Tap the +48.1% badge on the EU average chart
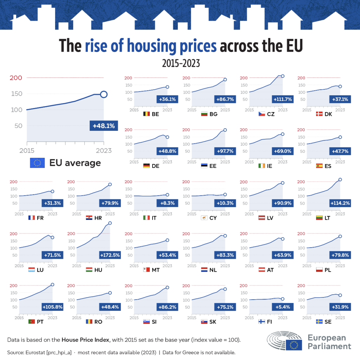(103, 126)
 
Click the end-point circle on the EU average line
(104, 94)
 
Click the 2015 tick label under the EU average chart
(27, 151)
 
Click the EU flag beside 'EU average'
(37, 163)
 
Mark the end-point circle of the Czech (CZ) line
(282, 76)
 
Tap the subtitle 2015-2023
(180, 63)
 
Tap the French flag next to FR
(32, 218)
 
